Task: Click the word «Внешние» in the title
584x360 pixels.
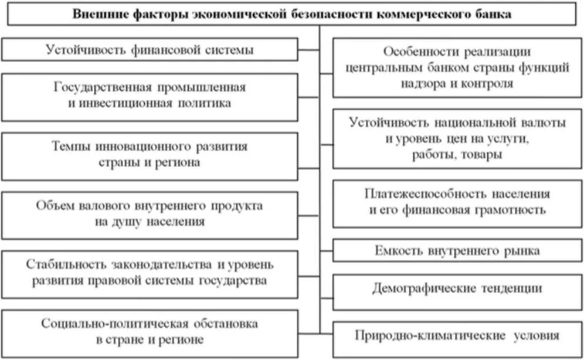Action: click(x=95, y=14)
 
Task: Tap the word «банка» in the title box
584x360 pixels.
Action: click(x=493, y=14)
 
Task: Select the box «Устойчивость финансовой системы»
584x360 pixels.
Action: click(x=150, y=49)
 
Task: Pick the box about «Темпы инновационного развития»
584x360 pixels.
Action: click(x=150, y=154)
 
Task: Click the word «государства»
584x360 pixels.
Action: click(x=235, y=280)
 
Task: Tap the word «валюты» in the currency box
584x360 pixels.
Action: click(x=542, y=124)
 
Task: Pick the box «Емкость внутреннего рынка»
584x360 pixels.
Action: click(x=457, y=251)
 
